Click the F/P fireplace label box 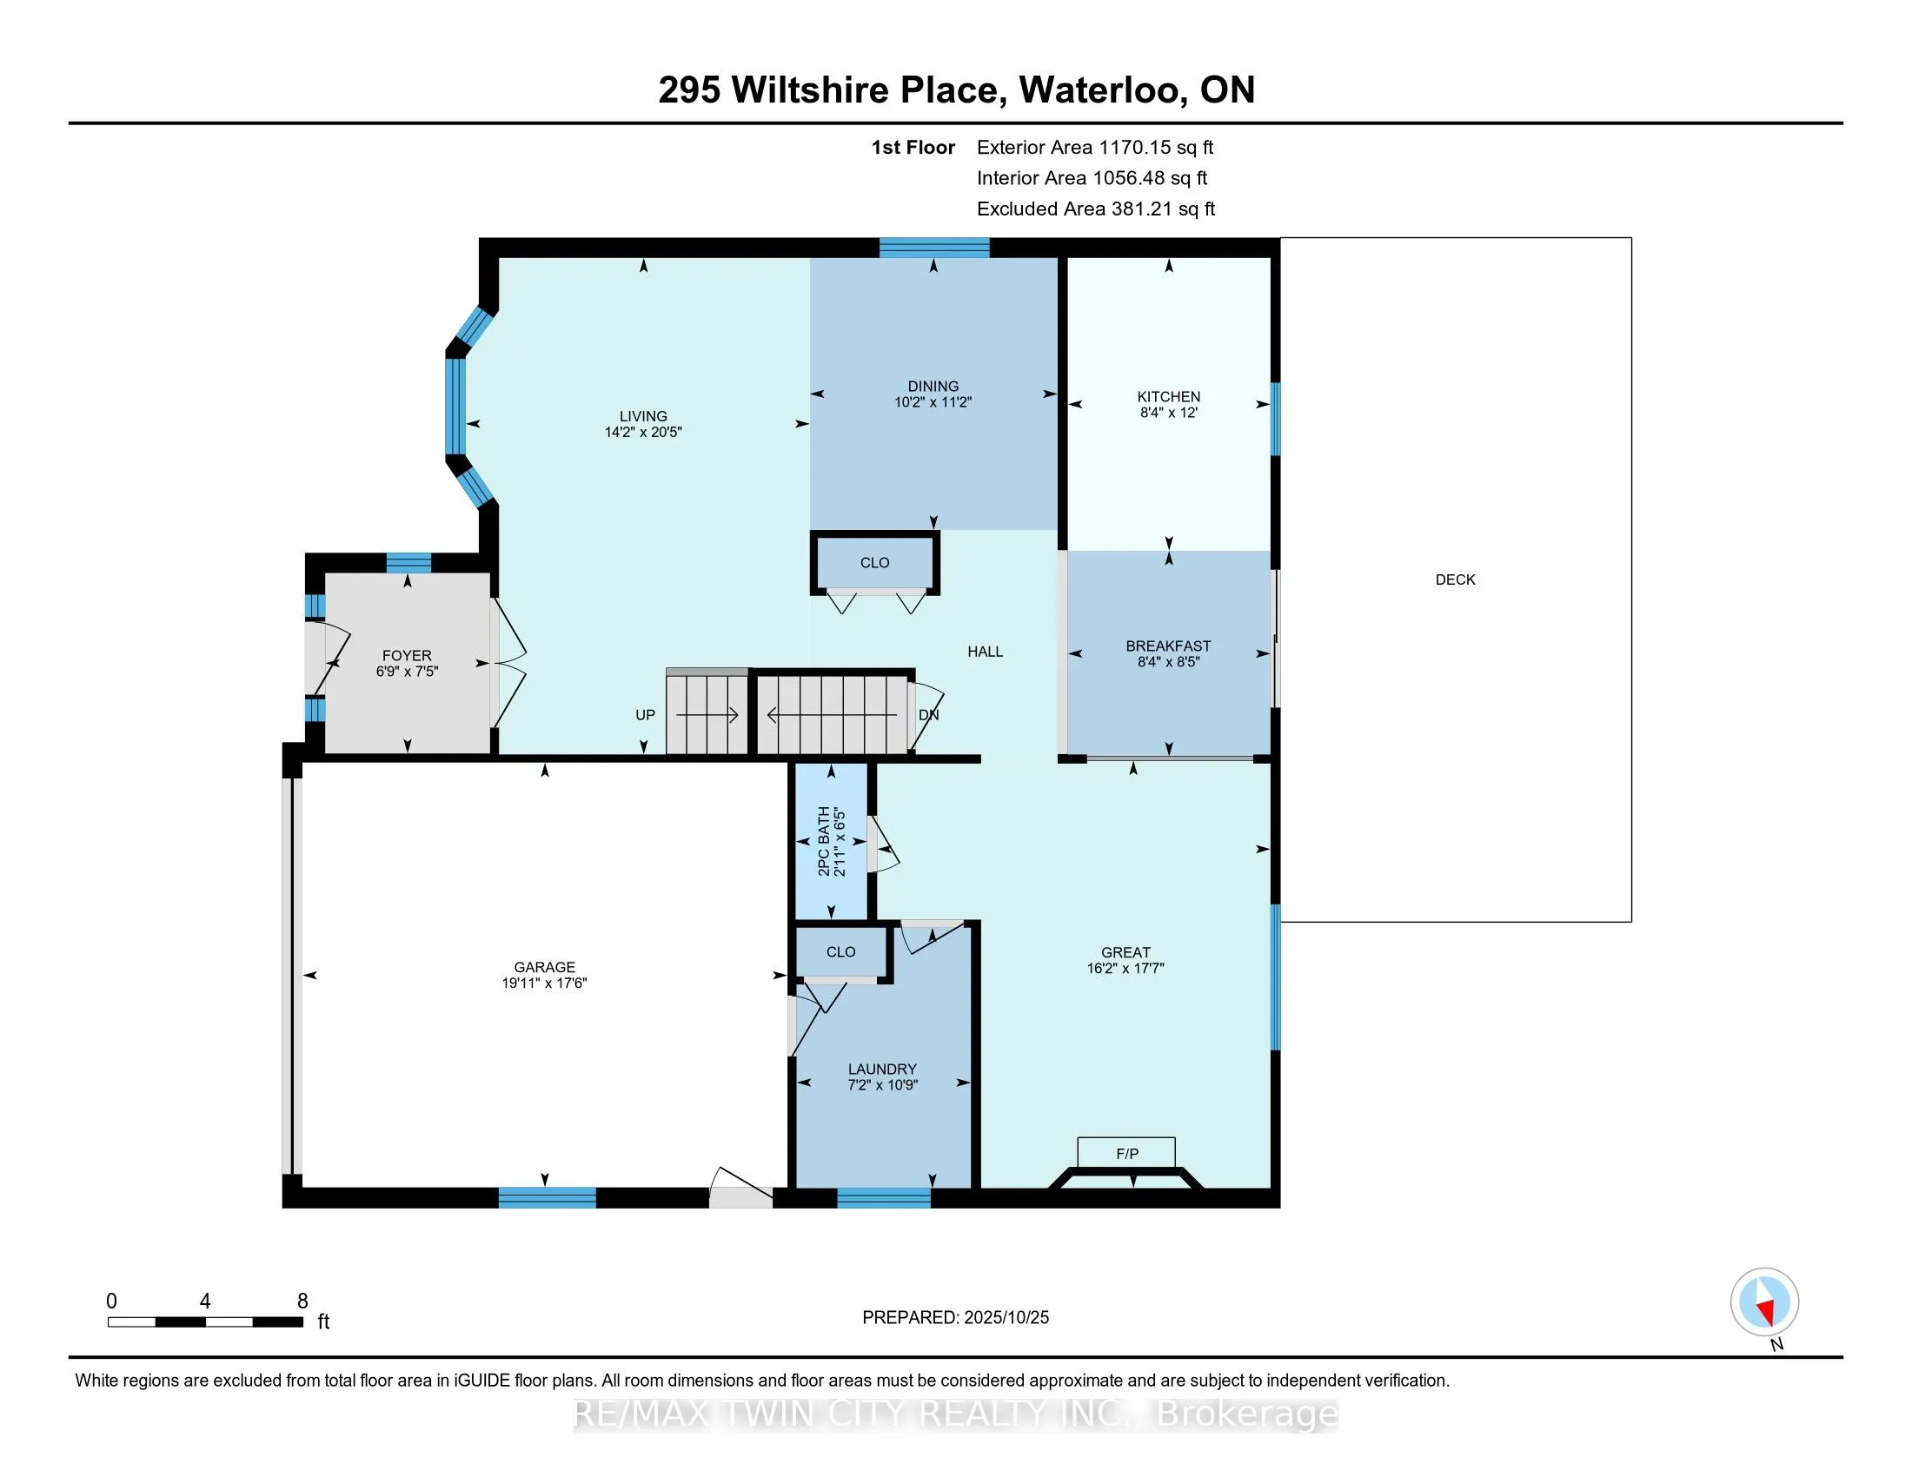[x=1125, y=1153]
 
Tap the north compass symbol [x=1764, y=1301]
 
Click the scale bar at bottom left [x=206, y=1321]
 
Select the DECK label [x=1455, y=580]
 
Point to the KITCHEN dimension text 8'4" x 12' [x=1168, y=412]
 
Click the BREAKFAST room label [x=1168, y=646]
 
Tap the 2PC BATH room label [x=823, y=841]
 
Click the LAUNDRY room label [x=881, y=1069]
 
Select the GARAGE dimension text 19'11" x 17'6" [x=544, y=983]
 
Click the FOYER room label [x=406, y=655]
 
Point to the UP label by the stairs [x=645, y=715]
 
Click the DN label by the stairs [x=928, y=715]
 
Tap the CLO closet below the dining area [x=874, y=563]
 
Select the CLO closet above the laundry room [x=840, y=952]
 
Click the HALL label [x=985, y=651]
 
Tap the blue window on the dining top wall [x=934, y=248]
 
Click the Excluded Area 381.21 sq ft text [x=1095, y=209]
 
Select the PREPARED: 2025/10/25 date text [x=955, y=1317]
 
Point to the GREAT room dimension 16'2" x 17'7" [x=1125, y=968]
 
